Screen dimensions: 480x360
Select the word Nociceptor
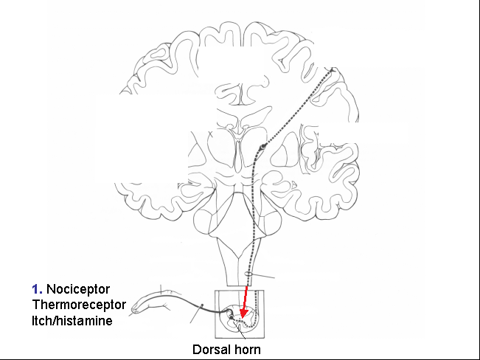point(78,289)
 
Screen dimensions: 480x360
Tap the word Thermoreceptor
point(79,305)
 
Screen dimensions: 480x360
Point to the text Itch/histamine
point(72,321)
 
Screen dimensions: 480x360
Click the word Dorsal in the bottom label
point(211,349)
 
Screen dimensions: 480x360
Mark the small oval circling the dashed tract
point(249,274)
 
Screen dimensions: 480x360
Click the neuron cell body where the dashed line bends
point(262,148)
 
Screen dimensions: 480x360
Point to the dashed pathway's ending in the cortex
point(332,70)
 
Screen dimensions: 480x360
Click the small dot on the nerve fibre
point(202,305)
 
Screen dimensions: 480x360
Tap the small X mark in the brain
point(210,134)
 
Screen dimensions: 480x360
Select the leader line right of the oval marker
point(263,276)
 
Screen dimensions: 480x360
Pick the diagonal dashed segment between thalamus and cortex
point(297,108)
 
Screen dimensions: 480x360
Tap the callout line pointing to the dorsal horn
point(239,330)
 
